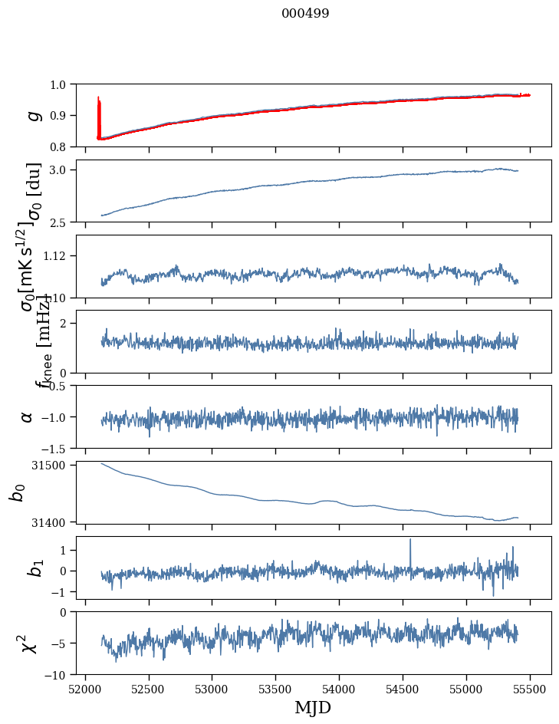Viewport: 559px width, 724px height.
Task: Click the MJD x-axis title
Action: (313, 707)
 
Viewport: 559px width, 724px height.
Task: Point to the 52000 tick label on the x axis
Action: (85, 688)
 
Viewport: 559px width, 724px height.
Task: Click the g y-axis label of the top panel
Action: (32, 115)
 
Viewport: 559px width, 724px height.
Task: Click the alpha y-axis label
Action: (28, 416)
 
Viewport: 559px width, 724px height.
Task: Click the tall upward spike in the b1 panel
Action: (410, 541)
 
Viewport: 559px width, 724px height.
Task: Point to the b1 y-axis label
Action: (32, 568)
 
